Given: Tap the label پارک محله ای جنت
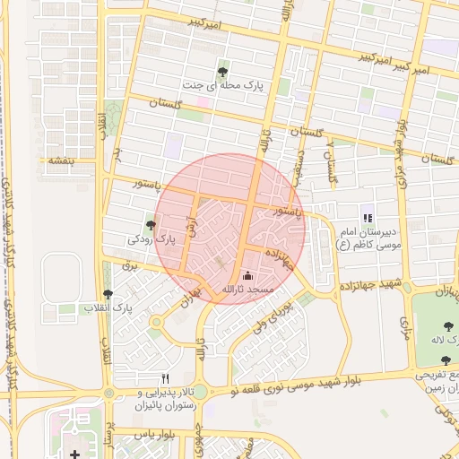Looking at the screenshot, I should tap(224, 88).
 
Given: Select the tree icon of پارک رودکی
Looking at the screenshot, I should tap(150, 225).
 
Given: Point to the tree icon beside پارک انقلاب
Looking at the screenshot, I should tap(108, 293).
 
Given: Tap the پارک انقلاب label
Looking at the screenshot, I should tap(108, 308).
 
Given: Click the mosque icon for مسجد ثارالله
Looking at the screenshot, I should tap(248, 275).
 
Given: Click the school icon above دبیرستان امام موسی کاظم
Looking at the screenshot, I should tap(367, 217).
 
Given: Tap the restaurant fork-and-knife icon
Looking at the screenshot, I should tap(165, 378).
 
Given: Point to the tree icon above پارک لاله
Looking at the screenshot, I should tap(446, 325).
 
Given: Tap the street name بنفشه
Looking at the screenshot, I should tap(58, 160).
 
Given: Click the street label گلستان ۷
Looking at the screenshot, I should tap(333, 160).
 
